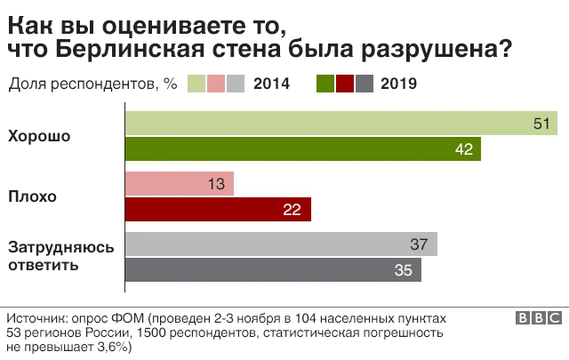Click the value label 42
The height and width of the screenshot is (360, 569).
(463, 149)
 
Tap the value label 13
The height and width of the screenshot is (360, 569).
(216, 184)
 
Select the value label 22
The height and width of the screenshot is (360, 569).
(293, 210)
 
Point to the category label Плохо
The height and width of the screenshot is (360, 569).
(32, 196)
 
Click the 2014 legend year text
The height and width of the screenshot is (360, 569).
(272, 84)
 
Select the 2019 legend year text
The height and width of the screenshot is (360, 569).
(398, 84)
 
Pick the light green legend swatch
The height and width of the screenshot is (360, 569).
(197, 84)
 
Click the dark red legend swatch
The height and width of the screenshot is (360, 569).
(345, 84)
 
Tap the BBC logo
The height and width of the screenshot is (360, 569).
(537, 318)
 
